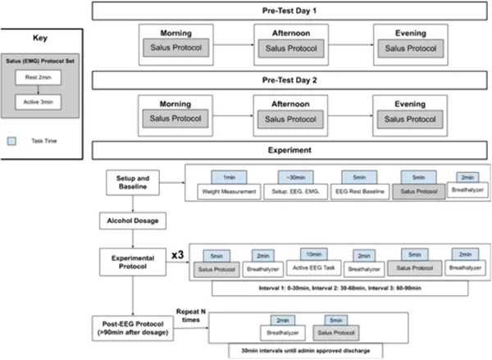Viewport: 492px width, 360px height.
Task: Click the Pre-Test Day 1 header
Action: [x=291, y=11]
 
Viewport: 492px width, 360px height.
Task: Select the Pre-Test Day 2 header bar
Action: [x=291, y=82]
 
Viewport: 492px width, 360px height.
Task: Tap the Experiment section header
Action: [x=291, y=151]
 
